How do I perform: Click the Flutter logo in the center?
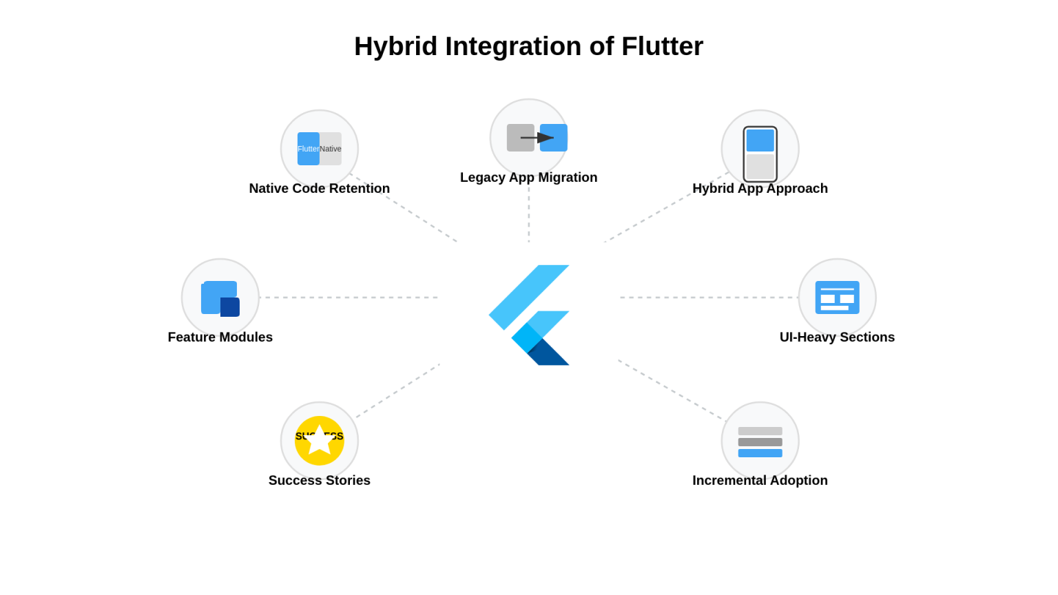point(529,315)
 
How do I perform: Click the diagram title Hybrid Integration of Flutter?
point(528,46)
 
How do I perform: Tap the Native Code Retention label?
point(319,188)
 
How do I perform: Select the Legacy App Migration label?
point(528,177)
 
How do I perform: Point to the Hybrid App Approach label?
point(760,188)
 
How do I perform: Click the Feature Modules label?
point(220,337)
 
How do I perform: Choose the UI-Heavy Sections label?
point(837,337)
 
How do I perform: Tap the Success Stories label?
point(319,480)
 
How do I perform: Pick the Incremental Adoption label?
point(760,480)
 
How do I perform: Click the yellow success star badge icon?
point(320,441)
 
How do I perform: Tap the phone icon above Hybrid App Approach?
point(760,154)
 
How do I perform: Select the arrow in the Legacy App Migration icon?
point(538,138)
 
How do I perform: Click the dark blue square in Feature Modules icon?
point(230,307)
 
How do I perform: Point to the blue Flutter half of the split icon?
point(308,149)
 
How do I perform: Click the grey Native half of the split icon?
point(331,149)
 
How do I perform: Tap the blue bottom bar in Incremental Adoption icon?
point(760,453)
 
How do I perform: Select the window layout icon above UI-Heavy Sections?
point(838,297)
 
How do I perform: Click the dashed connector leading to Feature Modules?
point(348,297)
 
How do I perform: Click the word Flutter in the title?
point(662,46)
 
